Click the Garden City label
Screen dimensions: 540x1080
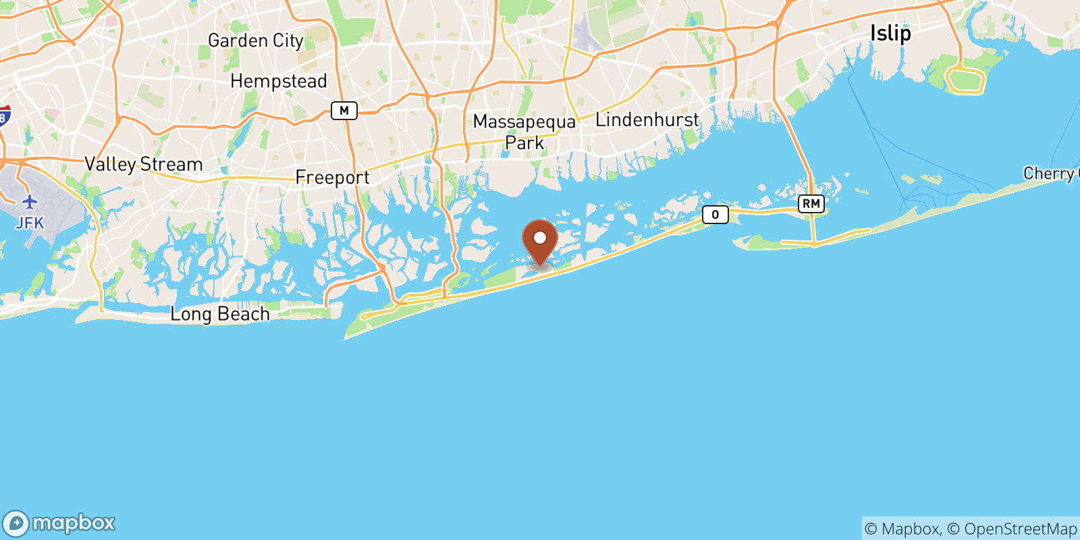tap(255, 41)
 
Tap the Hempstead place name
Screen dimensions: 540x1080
tap(278, 82)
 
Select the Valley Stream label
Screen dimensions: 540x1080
tap(143, 164)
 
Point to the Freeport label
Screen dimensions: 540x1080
tap(332, 178)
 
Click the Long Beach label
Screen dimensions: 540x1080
tap(220, 314)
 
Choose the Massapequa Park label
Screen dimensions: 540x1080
tap(524, 132)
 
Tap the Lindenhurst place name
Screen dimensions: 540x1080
tap(647, 120)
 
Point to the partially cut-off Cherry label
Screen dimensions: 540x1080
tap(1050, 173)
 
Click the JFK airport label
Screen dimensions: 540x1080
tap(30, 223)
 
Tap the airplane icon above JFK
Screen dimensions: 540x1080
tap(30, 202)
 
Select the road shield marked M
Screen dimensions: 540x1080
tap(344, 111)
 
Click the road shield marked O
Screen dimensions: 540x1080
tap(715, 215)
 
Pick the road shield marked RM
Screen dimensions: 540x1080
tap(811, 203)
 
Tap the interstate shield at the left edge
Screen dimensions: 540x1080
tap(4, 115)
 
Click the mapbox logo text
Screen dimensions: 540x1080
tap(74, 523)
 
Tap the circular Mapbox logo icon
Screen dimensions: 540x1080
tap(16, 524)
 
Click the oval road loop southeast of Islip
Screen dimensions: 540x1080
tap(965, 80)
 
